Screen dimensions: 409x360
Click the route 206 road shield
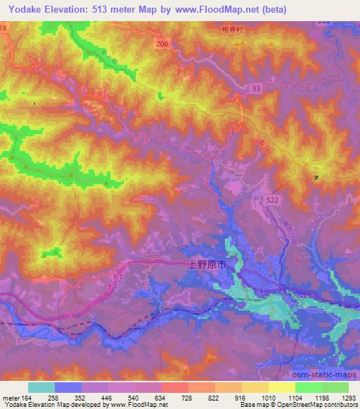tap(162, 44)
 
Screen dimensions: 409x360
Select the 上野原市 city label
tap(207, 266)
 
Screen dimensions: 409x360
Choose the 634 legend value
tap(160, 397)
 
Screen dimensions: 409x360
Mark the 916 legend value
tap(241, 397)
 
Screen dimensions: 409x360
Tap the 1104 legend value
tap(295, 397)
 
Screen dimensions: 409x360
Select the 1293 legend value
tap(348, 397)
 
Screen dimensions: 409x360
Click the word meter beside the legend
tap(8, 397)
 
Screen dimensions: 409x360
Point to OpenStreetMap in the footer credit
tap(316, 405)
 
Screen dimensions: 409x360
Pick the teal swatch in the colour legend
tap(41, 387)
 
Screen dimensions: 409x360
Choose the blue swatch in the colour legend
tap(68, 387)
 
